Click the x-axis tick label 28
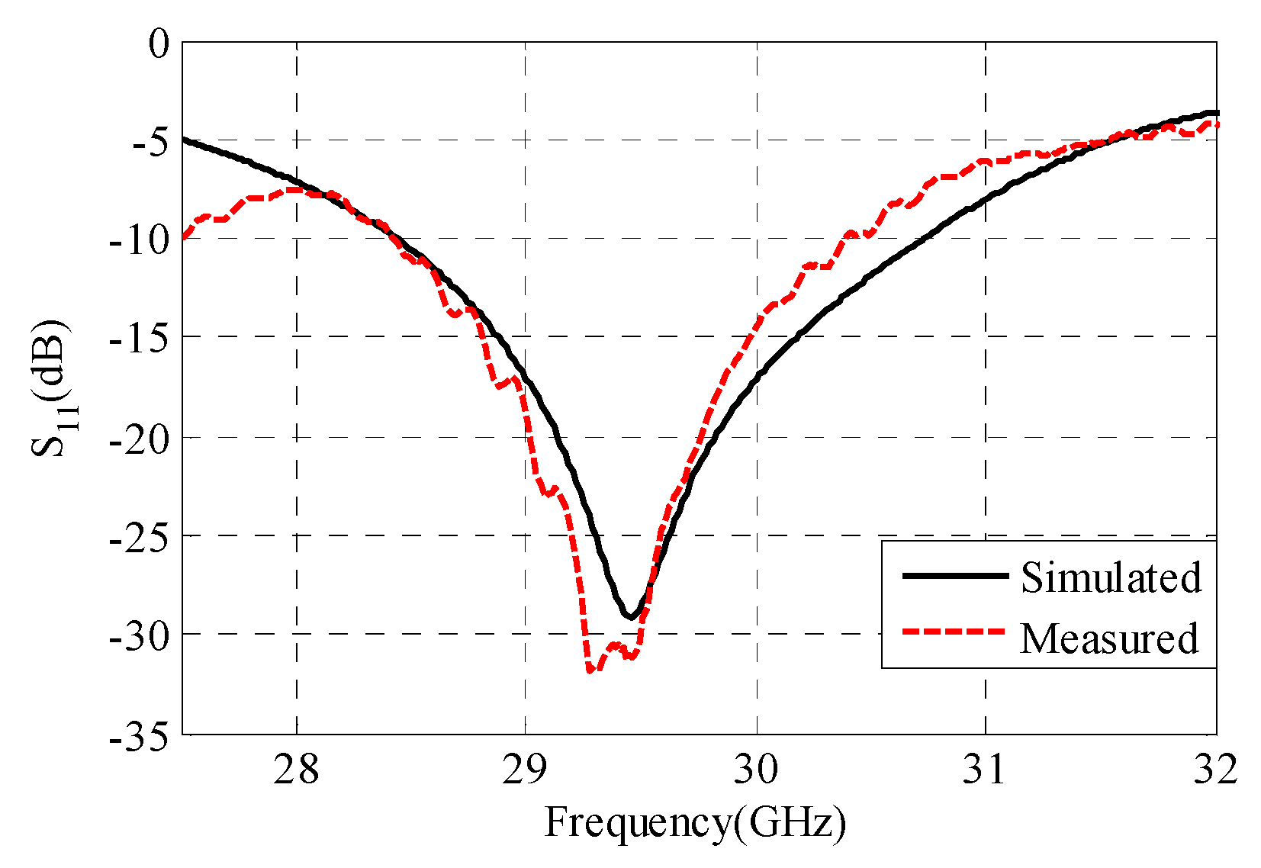click(296, 770)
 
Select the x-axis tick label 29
click(526, 770)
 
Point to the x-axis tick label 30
click(756, 770)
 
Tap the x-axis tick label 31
click(985, 770)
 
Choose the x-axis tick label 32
click(1214, 770)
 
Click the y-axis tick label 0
click(159, 44)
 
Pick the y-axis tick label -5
click(150, 143)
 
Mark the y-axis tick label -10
click(139, 240)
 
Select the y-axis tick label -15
click(139, 339)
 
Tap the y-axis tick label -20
click(139, 439)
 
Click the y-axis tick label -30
click(139, 635)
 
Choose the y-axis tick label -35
click(139, 736)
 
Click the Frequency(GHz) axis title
click(695, 824)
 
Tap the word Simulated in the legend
click(1111, 577)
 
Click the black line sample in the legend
click(954, 576)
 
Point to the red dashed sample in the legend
click(954, 632)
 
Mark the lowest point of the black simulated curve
click(630, 616)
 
